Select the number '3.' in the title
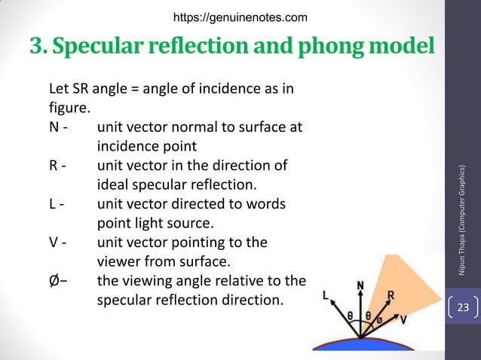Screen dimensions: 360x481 [38, 47]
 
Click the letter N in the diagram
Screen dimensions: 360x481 [360, 286]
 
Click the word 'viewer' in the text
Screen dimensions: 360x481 [118, 263]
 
